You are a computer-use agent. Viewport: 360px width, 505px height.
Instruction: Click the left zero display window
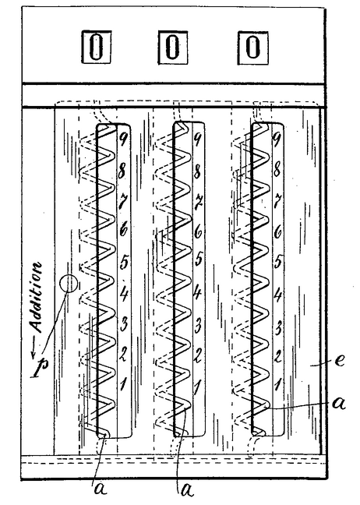[x=96, y=47]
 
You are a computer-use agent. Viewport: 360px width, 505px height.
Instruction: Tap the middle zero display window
[x=173, y=47]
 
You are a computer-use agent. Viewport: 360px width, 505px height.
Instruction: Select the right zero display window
[x=252, y=48]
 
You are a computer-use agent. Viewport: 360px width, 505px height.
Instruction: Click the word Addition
[x=35, y=298]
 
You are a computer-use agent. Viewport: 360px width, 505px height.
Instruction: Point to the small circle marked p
[x=69, y=284]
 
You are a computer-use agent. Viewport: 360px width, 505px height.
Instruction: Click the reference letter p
[x=40, y=368]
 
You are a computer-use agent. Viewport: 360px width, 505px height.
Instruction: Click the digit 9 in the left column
[x=122, y=139]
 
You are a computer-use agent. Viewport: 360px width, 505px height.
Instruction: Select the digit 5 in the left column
[x=124, y=261]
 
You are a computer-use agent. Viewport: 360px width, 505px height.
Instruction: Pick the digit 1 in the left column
[x=123, y=383]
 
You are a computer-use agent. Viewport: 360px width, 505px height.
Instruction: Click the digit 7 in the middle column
[x=199, y=200]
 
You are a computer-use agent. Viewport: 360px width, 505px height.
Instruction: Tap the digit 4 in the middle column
[x=197, y=293]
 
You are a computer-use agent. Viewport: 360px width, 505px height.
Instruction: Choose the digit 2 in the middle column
[x=198, y=355]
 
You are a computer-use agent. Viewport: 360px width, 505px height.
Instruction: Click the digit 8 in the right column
[x=277, y=170]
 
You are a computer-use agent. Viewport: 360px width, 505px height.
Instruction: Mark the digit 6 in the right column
[x=277, y=231]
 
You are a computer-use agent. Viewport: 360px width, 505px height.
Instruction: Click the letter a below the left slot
[x=101, y=489]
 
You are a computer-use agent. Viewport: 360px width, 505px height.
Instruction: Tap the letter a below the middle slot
[x=188, y=490]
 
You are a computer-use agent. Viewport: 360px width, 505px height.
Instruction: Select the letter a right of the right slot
[x=339, y=403]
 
